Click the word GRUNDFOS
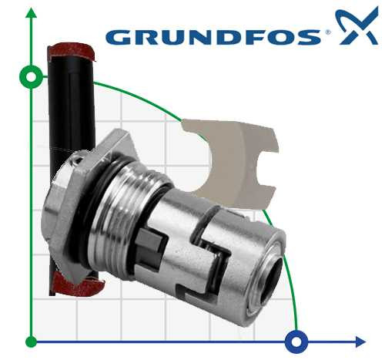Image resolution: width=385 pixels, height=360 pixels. [x=213, y=36]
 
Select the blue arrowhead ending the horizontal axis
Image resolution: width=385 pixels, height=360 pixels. [x=360, y=341]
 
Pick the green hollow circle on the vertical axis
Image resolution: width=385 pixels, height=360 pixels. [x=31, y=76]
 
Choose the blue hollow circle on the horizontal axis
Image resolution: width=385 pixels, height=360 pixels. [x=296, y=341]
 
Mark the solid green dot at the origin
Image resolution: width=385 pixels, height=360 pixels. [x=31, y=341]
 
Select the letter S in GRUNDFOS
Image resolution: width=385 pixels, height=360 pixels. [x=310, y=36]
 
